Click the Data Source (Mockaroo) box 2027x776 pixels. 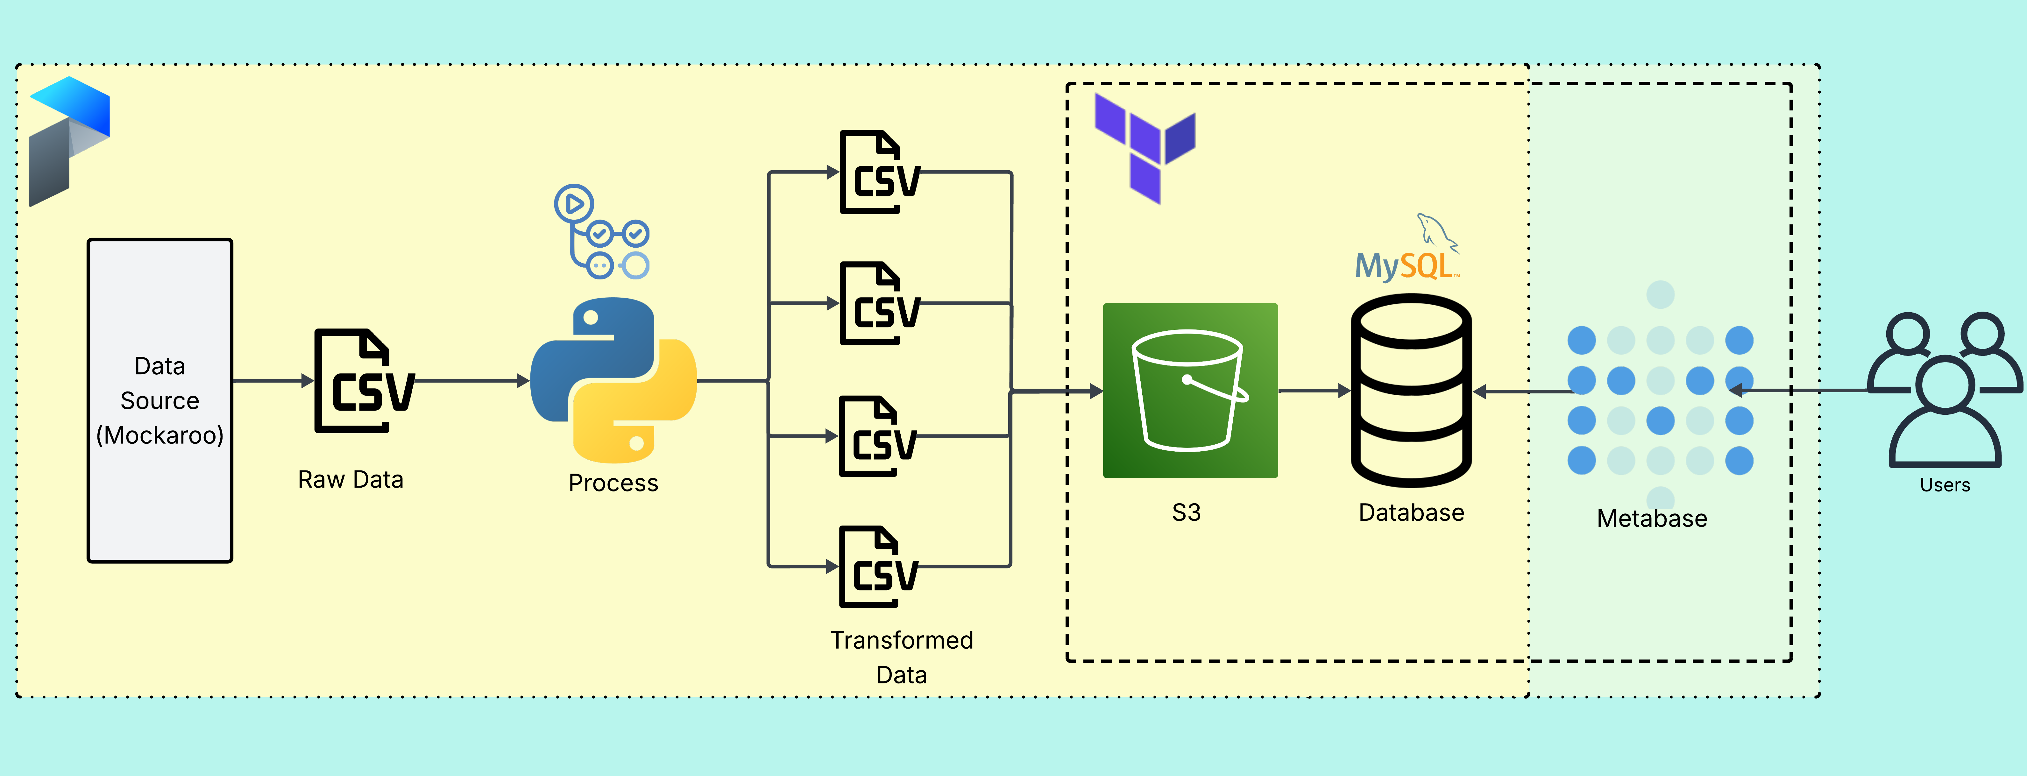[160, 401]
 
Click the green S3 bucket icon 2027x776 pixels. [1190, 390]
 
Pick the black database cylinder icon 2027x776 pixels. [1411, 390]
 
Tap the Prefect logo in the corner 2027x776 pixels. [69, 142]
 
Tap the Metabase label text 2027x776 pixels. [1652, 519]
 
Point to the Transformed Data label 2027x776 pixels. [902, 657]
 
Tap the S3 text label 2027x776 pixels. [1186, 512]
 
